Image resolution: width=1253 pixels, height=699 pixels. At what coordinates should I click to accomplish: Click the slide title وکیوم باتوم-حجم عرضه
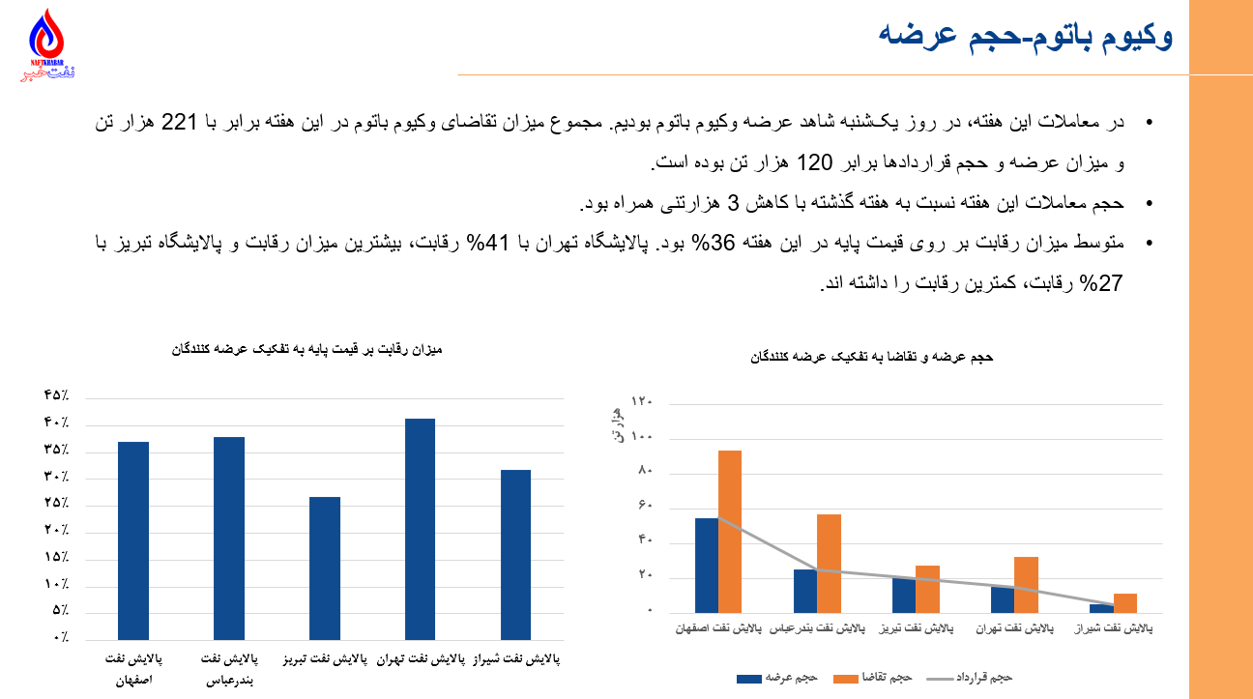pyautogui.click(x=1026, y=37)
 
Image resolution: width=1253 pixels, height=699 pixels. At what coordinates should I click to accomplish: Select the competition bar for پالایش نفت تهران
pyautogui.click(x=420, y=528)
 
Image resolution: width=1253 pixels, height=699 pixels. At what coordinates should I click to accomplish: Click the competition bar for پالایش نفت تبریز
pyautogui.click(x=325, y=568)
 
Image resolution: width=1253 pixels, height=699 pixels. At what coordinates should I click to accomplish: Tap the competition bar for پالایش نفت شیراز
pyautogui.click(x=516, y=554)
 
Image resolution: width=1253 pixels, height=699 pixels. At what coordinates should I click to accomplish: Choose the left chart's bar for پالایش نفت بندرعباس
pyautogui.click(x=229, y=538)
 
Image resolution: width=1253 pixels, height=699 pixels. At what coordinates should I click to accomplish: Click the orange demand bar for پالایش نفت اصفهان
pyautogui.click(x=730, y=531)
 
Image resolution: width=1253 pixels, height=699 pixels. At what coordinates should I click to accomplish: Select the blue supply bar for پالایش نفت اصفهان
pyautogui.click(x=707, y=565)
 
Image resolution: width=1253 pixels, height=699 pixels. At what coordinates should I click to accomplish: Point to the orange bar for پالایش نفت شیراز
pyautogui.click(x=1124, y=603)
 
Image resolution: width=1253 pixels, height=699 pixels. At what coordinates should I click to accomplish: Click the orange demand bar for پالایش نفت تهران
pyautogui.click(x=1026, y=584)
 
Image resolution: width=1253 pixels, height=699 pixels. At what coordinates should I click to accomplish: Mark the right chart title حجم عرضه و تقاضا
pyautogui.click(x=871, y=357)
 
